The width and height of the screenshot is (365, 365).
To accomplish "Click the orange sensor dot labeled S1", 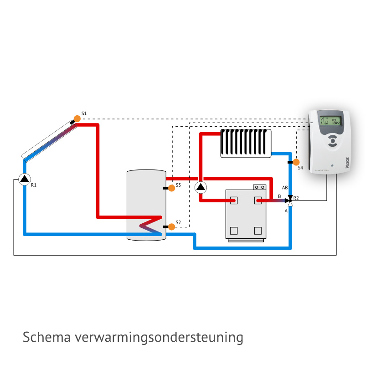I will click(x=77, y=118).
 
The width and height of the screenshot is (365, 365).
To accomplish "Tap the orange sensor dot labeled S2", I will click(x=172, y=226).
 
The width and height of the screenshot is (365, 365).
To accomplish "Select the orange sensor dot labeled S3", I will click(x=172, y=188).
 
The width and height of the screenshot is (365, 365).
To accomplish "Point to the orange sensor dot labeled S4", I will click(x=296, y=162).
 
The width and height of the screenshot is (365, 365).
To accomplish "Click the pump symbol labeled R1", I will click(x=25, y=178).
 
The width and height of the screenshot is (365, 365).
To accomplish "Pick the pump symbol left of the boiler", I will click(x=200, y=187).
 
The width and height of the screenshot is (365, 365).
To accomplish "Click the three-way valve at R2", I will click(x=290, y=200).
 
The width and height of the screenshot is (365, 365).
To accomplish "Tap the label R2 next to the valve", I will click(x=296, y=198).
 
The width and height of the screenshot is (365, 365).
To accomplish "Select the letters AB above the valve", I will click(x=285, y=188).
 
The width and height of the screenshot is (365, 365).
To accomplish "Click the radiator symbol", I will click(x=246, y=144).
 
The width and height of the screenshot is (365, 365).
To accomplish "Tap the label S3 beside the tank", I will click(x=178, y=184).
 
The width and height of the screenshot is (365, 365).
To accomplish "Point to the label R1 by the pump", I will click(x=34, y=185).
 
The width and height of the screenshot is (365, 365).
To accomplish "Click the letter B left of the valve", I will click(x=279, y=196).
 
